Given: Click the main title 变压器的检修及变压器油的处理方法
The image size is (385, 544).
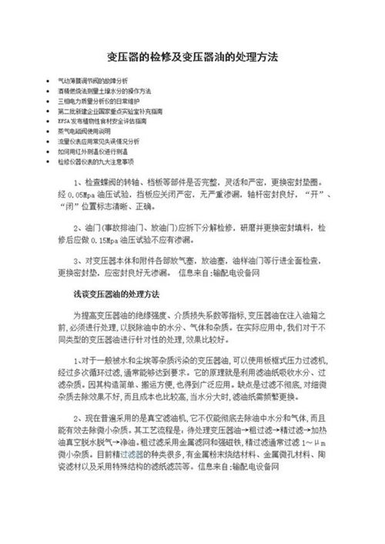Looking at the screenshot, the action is tap(192, 58).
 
